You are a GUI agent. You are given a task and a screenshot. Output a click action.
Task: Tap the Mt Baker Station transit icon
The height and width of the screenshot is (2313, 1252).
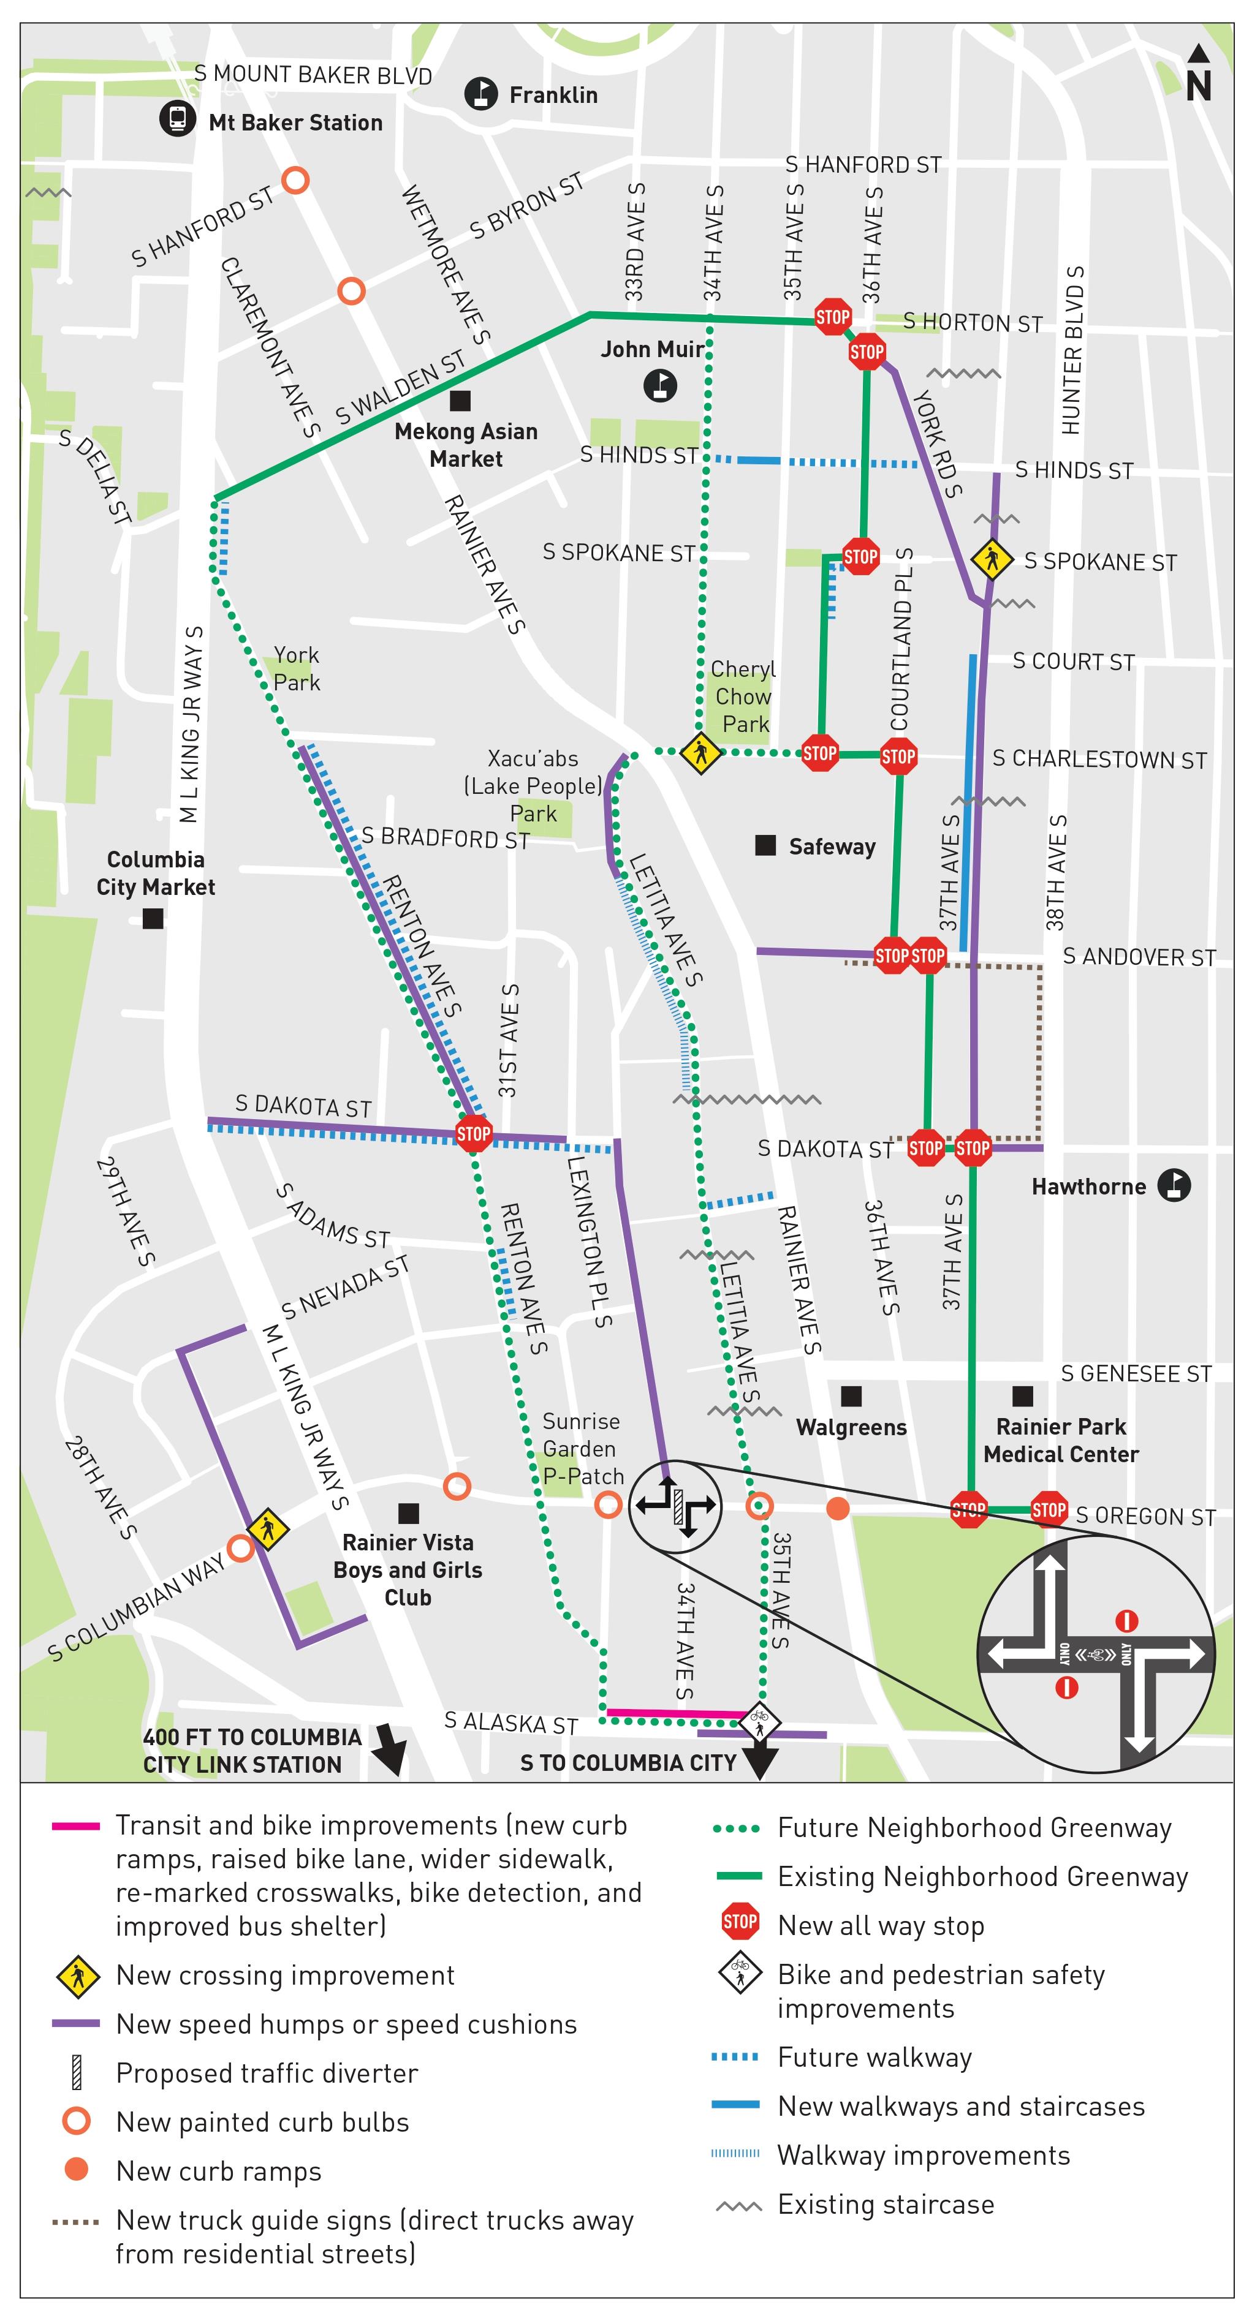pos(177,118)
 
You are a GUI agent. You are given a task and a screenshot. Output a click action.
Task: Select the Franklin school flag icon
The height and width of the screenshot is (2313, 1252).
pos(482,93)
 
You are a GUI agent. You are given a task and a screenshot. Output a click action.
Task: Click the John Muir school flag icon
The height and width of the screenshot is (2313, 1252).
pos(660,386)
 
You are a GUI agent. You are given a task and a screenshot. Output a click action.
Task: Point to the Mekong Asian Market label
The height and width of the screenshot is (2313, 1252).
pos(466,445)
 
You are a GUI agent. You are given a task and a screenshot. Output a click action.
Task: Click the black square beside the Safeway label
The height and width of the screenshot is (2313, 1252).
pos(765,845)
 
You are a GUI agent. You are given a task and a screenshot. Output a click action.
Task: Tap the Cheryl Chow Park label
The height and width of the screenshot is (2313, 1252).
pos(743,696)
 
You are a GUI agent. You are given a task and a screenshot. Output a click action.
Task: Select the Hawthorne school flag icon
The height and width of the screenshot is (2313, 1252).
pos(1173,1185)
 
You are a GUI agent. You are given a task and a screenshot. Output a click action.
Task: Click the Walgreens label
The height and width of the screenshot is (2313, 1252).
pos(851,1427)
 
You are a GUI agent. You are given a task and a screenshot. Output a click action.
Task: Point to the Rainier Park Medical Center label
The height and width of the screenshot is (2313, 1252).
pos(1061,1439)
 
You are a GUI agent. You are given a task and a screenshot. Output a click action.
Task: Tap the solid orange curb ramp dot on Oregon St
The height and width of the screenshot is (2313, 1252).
pos(837,1509)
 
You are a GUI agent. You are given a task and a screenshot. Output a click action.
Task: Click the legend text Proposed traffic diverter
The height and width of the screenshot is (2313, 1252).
pos(267,2073)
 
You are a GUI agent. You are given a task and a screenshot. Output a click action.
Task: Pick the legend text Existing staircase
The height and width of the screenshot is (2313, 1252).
pos(886,2205)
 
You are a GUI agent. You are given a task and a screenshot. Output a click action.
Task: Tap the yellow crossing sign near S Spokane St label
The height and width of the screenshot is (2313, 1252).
pos(992,559)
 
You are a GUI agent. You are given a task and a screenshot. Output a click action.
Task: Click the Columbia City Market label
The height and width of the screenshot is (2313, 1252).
pos(156,873)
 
